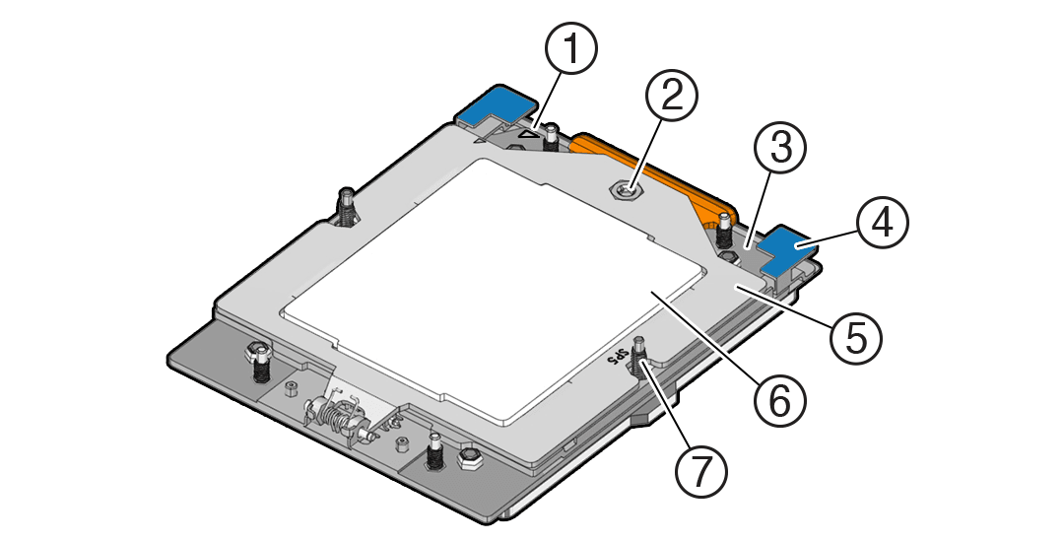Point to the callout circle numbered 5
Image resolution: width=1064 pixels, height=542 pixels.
855,336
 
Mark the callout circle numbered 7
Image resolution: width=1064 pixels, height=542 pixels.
700,471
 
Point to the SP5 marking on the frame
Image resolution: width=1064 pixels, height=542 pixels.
618,356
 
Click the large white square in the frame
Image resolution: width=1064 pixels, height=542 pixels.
493,286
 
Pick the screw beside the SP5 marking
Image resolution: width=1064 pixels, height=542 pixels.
642,361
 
